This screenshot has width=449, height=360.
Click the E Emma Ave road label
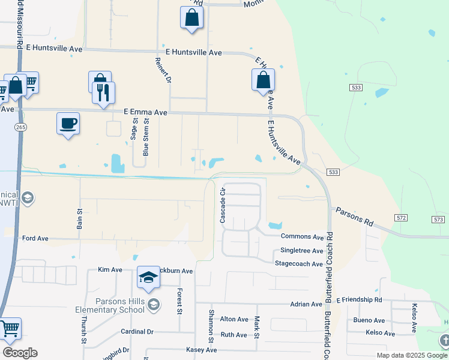pos(145,112)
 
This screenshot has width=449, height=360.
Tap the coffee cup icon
pos(68,124)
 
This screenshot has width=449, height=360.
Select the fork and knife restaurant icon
pos(103,92)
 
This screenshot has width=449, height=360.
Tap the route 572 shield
pos(402,217)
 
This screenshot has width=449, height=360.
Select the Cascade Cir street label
pos(223,206)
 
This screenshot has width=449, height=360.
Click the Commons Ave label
pos(302,238)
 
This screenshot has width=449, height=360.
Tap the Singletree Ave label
pos(302,251)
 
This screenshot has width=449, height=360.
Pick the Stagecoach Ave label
pos(299,264)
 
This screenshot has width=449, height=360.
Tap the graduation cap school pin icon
pos(148,278)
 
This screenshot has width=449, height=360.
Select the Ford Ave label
pos(35,238)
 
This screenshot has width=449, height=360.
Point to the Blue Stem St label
pos(146,137)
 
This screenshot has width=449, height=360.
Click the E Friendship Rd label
pos(359,299)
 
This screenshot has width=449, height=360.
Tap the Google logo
pos(20,353)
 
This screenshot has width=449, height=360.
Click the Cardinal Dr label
pos(137,331)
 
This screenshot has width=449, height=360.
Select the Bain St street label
pos(79,219)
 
